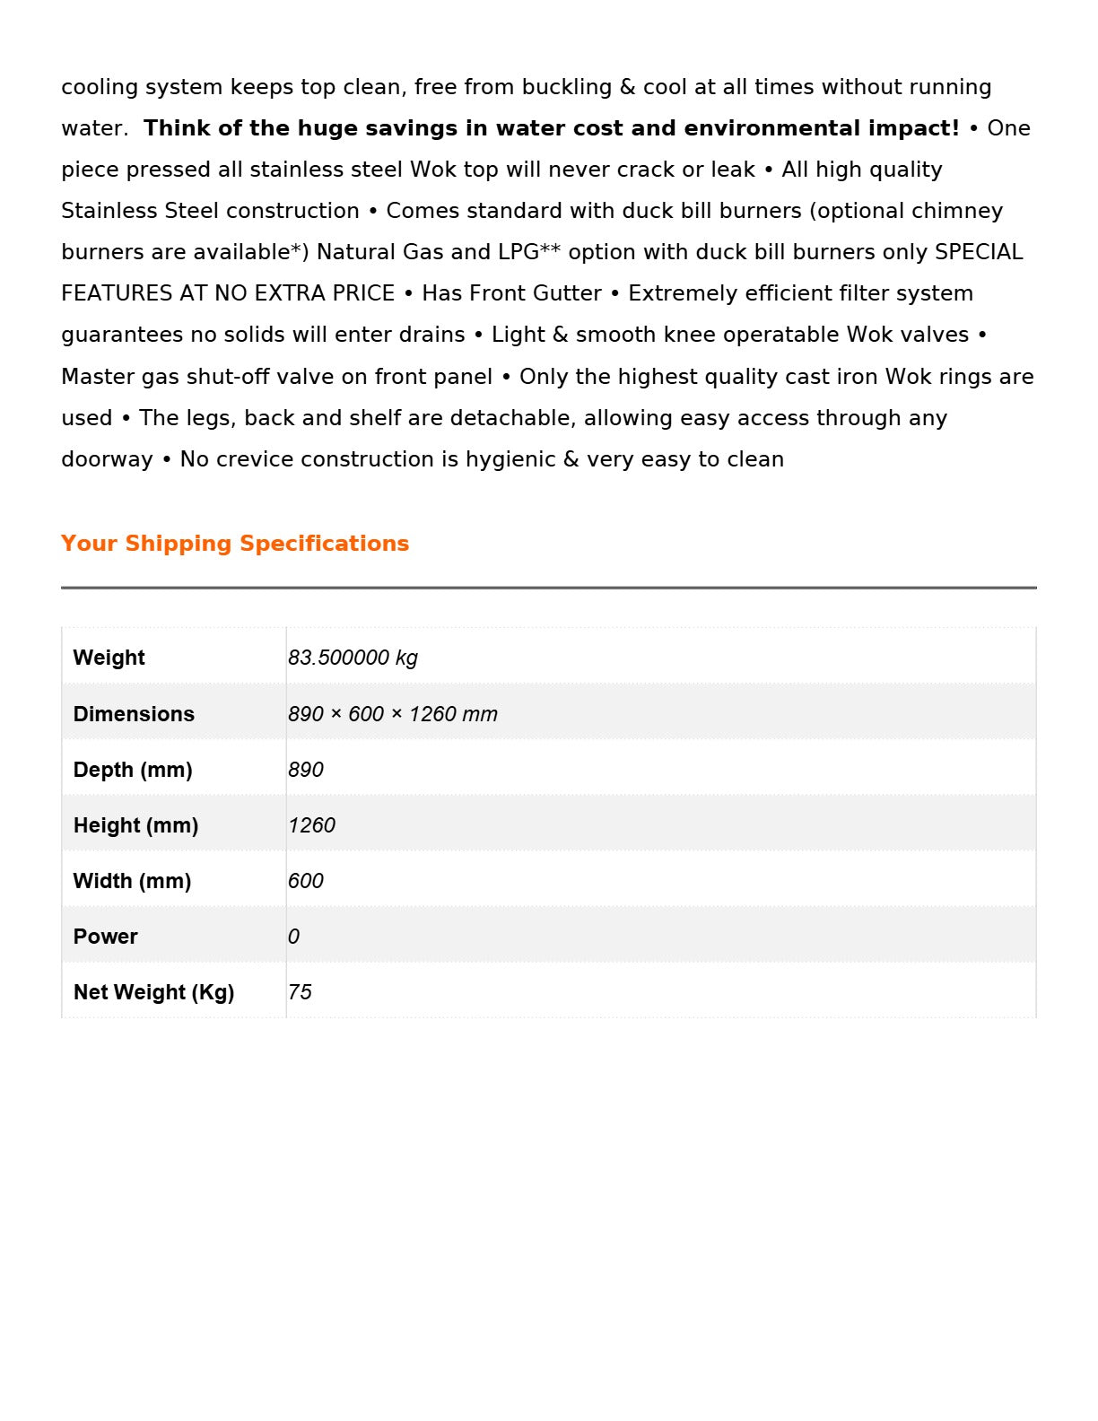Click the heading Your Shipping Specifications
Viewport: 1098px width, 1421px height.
point(235,544)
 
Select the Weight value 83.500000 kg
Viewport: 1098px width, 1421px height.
point(353,658)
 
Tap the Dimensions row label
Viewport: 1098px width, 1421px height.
point(134,714)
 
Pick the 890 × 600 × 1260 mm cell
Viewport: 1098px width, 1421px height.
point(392,714)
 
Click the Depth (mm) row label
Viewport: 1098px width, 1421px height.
point(133,770)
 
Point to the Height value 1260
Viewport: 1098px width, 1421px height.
point(311,825)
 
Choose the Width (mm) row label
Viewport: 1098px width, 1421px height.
point(132,881)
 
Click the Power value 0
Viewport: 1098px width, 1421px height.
point(293,937)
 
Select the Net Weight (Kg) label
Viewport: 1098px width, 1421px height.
point(153,992)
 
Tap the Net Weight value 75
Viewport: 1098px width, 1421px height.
point(300,992)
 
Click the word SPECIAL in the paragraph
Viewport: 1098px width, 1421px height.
point(979,252)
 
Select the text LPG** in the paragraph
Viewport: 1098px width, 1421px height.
point(529,252)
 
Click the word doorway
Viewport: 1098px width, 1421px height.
point(107,459)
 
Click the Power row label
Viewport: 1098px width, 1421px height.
point(105,937)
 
